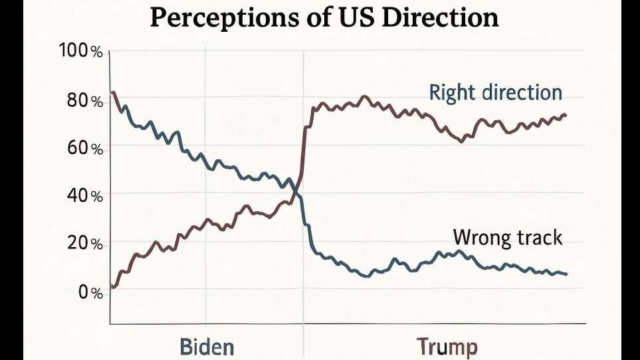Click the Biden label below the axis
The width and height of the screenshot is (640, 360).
(207, 347)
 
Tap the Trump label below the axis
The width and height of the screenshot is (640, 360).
(447, 347)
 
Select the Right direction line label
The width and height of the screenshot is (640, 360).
(495, 92)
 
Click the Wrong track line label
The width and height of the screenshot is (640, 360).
(507, 237)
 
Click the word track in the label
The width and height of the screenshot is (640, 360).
(538, 237)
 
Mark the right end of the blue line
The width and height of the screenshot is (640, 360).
(566, 274)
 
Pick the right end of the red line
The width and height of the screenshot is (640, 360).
(566, 115)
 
